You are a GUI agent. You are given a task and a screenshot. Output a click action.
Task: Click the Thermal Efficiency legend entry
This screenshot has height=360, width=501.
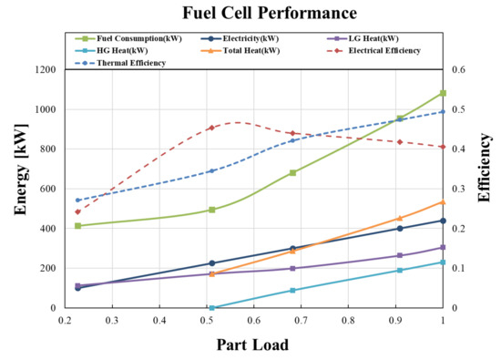118,63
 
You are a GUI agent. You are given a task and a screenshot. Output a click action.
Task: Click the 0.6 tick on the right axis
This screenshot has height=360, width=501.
461,69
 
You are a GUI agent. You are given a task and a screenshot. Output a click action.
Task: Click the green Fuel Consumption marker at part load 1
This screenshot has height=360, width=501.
443,93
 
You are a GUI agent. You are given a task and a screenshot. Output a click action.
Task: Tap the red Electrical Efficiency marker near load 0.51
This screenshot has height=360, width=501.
211,128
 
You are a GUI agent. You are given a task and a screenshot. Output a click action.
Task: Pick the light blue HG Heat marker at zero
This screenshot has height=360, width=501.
211,308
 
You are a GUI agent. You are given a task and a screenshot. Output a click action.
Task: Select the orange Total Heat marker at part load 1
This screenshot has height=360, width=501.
443,201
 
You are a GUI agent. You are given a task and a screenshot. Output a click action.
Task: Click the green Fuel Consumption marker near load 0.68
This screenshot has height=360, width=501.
292,172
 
